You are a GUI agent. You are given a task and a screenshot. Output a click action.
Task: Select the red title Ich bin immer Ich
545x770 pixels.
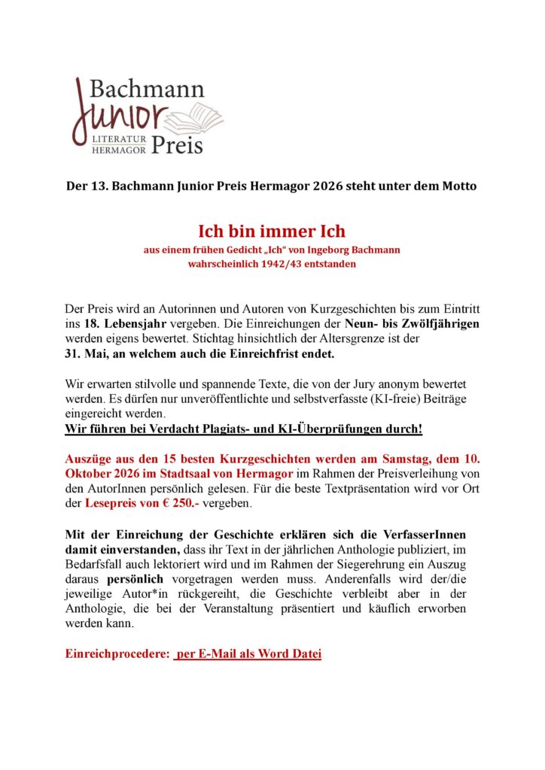272,230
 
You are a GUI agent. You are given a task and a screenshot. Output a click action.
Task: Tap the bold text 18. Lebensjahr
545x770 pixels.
119,324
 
